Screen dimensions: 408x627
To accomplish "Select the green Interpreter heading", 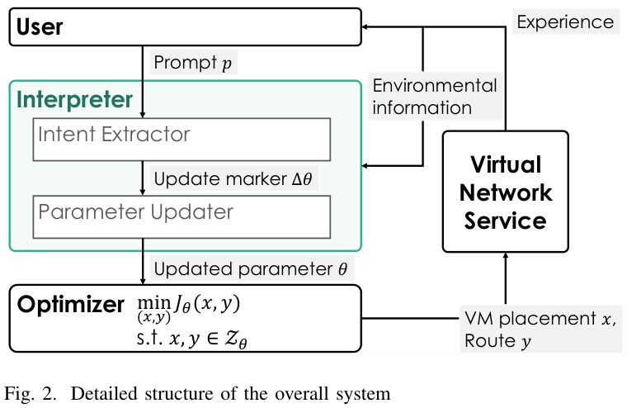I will pyautogui.click(x=75, y=100).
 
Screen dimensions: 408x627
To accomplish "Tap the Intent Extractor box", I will pyautogui.click(x=181, y=139).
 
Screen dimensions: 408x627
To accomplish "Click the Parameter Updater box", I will pyautogui.click(x=181, y=216).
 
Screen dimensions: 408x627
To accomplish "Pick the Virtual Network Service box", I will pyautogui.click(x=505, y=192).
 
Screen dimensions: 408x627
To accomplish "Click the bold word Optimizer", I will pyautogui.click(x=71, y=305).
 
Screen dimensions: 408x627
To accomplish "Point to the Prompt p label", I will pyautogui.click(x=193, y=64).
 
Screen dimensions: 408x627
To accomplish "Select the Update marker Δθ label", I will pyautogui.click(x=233, y=179).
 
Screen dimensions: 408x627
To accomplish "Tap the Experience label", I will pyautogui.click(x=565, y=21).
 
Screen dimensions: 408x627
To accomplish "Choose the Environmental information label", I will pyautogui.click(x=435, y=97).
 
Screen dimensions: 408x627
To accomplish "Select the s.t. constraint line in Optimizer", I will pyautogui.click(x=191, y=337).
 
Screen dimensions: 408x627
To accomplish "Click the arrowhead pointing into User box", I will pyautogui.click(x=368, y=27).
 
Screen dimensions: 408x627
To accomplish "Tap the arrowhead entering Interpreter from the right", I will pyautogui.click(x=368, y=166).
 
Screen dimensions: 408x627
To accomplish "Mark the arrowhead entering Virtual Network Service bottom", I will pyautogui.click(x=506, y=257).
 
